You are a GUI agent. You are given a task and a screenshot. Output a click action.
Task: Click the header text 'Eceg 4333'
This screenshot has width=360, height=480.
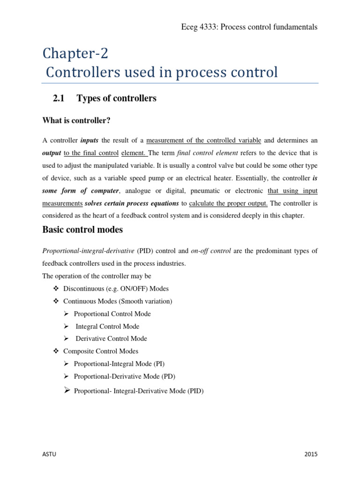[x=197, y=27]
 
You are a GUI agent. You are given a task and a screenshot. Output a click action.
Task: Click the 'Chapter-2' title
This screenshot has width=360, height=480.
[x=75, y=53]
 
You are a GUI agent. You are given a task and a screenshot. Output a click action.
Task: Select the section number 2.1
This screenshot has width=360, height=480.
[x=59, y=98]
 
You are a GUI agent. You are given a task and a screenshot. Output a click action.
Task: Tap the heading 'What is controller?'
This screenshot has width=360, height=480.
[x=76, y=120]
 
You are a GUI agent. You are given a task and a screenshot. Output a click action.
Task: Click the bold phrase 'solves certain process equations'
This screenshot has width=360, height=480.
[x=132, y=203]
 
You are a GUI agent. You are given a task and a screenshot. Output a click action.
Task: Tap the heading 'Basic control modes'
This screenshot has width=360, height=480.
[x=82, y=230]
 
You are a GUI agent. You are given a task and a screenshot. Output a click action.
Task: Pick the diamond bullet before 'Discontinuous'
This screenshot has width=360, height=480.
[x=56, y=288]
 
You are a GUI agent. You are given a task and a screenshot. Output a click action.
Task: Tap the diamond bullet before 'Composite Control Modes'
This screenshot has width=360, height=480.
[x=56, y=351]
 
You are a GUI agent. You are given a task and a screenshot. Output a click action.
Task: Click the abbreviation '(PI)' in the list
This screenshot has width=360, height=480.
[x=157, y=363]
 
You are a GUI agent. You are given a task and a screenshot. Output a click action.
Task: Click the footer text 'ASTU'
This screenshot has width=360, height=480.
[x=51, y=454]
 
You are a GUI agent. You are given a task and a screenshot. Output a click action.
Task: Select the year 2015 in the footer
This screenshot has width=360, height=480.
[x=310, y=454]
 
